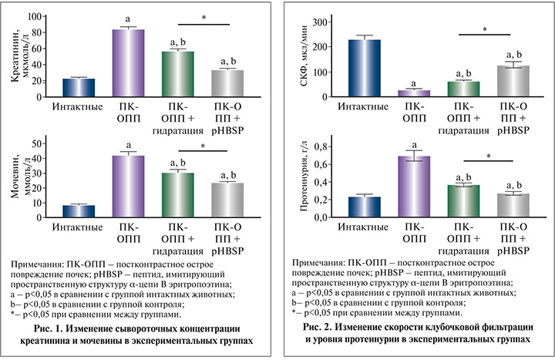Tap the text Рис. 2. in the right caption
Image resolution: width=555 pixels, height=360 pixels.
click(x=343, y=328)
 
